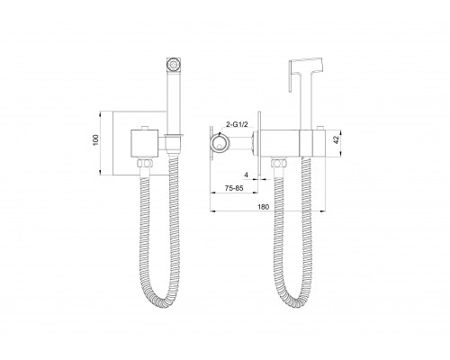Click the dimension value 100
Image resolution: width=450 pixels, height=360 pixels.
pyautogui.click(x=95, y=139)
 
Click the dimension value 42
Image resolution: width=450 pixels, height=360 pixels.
pyautogui.click(x=336, y=139)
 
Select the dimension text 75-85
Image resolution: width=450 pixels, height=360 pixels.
pyautogui.click(x=234, y=188)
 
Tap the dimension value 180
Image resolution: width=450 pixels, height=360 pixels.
pyautogui.click(x=264, y=207)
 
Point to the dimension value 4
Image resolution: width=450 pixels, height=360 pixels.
pyautogui.click(x=247, y=175)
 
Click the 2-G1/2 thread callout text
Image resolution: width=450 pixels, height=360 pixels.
pyautogui.click(x=237, y=124)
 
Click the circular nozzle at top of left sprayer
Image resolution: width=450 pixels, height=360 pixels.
pyautogui.click(x=173, y=64)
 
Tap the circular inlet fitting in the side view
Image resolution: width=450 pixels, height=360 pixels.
pyautogui.click(x=220, y=143)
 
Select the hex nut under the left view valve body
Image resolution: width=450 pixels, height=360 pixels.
pyautogui.click(x=145, y=163)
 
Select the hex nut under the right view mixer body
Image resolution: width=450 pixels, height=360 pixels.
pyautogui.click(x=279, y=163)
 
